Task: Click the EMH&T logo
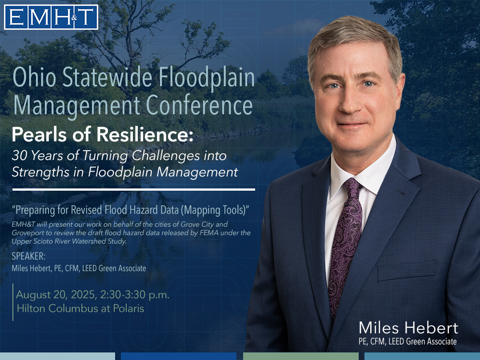pyautogui.click(x=51, y=17)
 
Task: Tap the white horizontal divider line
pyautogui.click(x=134, y=190)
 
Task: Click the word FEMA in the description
pyautogui.click(x=209, y=233)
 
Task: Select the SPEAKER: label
pyautogui.click(x=28, y=256)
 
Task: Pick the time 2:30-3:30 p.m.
pyautogui.click(x=135, y=295)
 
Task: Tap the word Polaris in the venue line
pyautogui.click(x=128, y=308)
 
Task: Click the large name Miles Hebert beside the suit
pyautogui.click(x=408, y=328)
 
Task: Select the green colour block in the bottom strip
pyautogui.click(x=300, y=356)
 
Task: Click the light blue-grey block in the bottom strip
pyautogui.click(x=57, y=356)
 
